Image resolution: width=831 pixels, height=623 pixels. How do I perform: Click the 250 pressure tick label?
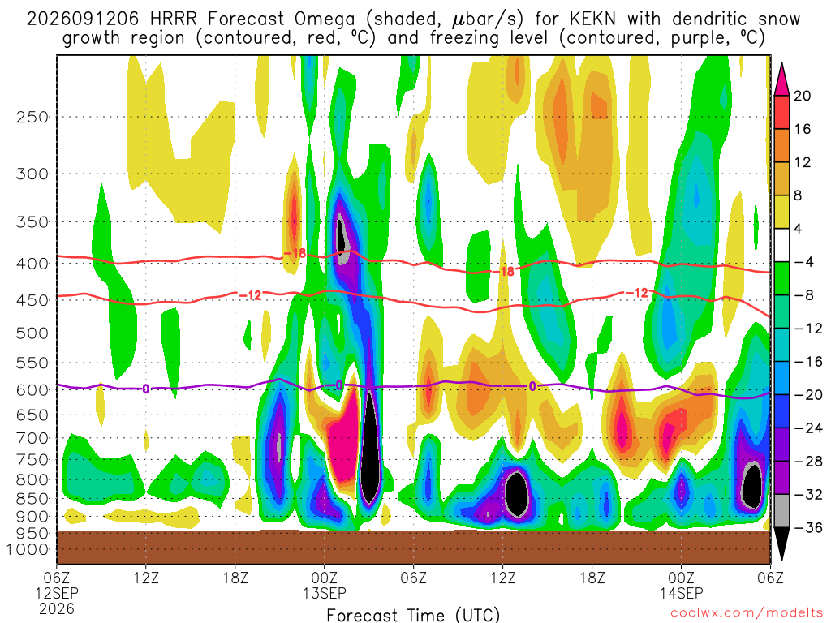pyautogui.click(x=32, y=117)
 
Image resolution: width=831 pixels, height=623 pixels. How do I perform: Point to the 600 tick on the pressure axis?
pyautogui.click(x=32, y=390)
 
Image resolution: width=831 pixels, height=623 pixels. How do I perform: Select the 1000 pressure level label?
pyautogui.click(x=27, y=550)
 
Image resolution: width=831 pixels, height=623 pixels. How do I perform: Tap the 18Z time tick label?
pyautogui.click(x=235, y=578)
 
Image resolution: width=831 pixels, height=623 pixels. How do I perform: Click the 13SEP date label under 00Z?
pyautogui.click(x=325, y=593)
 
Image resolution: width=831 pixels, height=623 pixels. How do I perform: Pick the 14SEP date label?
pyautogui.click(x=681, y=593)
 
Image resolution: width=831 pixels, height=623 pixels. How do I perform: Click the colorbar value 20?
pyautogui.click(x=803, y=96)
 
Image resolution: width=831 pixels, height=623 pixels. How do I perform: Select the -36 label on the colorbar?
pyautogui.click(x=808, y=527)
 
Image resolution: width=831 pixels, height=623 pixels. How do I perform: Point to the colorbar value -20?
pyautogui.click(x=808, y=395)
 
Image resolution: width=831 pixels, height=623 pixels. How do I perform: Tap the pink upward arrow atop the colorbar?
pyautogui.click(x=781, y=79)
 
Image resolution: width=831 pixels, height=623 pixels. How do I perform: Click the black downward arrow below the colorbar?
pyautogui.click(x=781, y=544)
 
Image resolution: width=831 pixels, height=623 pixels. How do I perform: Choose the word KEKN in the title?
pyautogui.click(x=593, y=19)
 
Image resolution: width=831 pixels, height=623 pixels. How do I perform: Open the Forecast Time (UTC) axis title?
pyautogui.click(x=413, y=615)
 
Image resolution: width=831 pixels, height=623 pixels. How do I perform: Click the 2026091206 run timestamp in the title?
pyautogui.click(x=83, y=19)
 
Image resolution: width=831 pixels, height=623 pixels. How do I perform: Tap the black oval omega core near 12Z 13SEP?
pyautogui.click(x=516, y=493)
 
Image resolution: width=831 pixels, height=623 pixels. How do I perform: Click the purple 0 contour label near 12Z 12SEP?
pyautogui.click(x=146, y=389)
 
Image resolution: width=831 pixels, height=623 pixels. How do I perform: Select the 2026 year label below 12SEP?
pyautogui.click(x=57, y=608)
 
